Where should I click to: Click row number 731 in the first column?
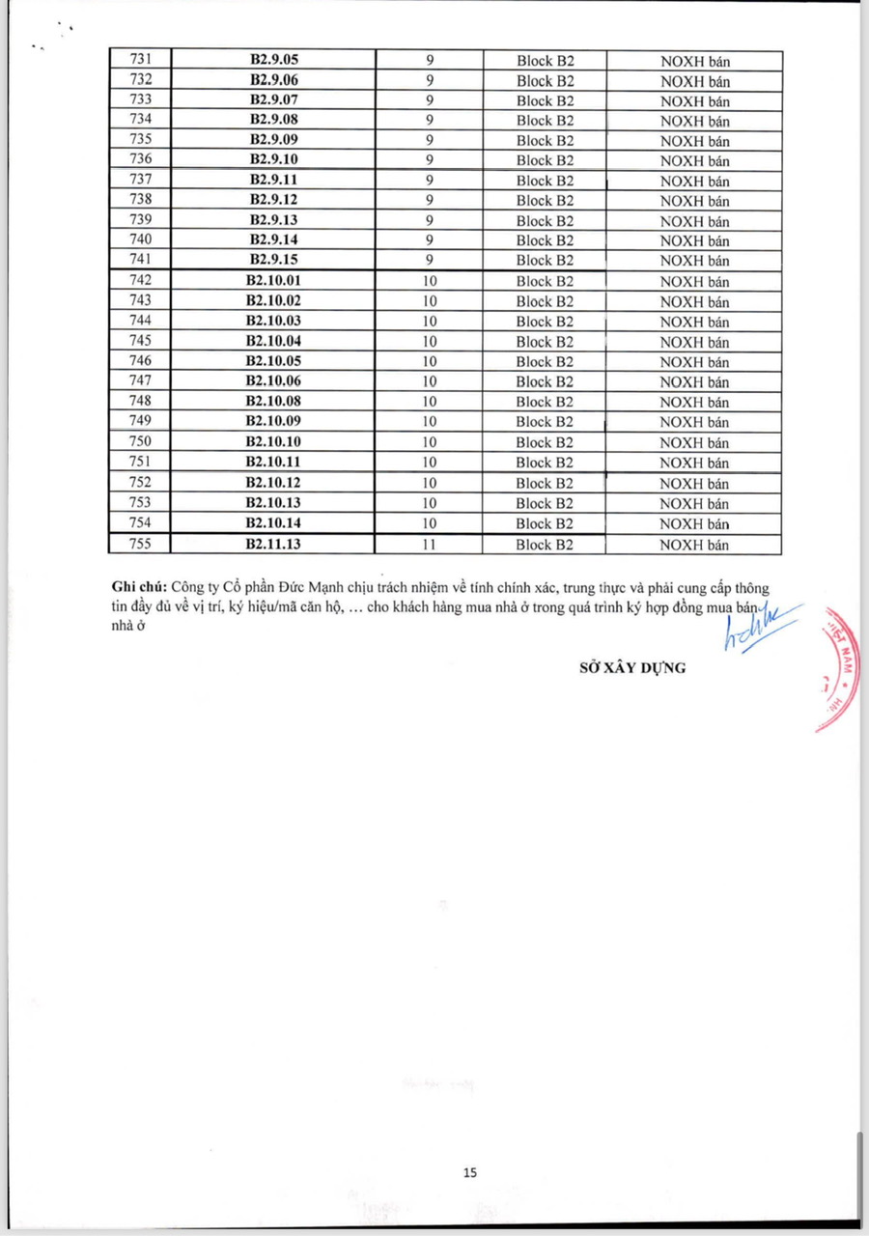tap(140, 61)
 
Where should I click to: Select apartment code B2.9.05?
tap(274, 61)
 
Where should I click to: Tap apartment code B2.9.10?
tap(274, 160)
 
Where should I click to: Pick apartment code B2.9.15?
tap(274, 260)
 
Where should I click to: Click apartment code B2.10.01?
tap(273, 281)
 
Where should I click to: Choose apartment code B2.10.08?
tap(273, 401)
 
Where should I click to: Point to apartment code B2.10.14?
tap(273, 523)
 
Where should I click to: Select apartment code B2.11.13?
tap(273, 545)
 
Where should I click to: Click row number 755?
tap(140, 545)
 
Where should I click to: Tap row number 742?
tap(140, 281)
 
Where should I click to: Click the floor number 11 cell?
tap(430, 545)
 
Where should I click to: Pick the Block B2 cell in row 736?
tap(545, 160)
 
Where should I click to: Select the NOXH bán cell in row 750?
tap(694, 442)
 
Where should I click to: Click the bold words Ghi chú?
tap(139, 587)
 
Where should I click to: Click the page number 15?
tap(470, 1173)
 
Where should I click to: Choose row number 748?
tap(140, 401)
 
